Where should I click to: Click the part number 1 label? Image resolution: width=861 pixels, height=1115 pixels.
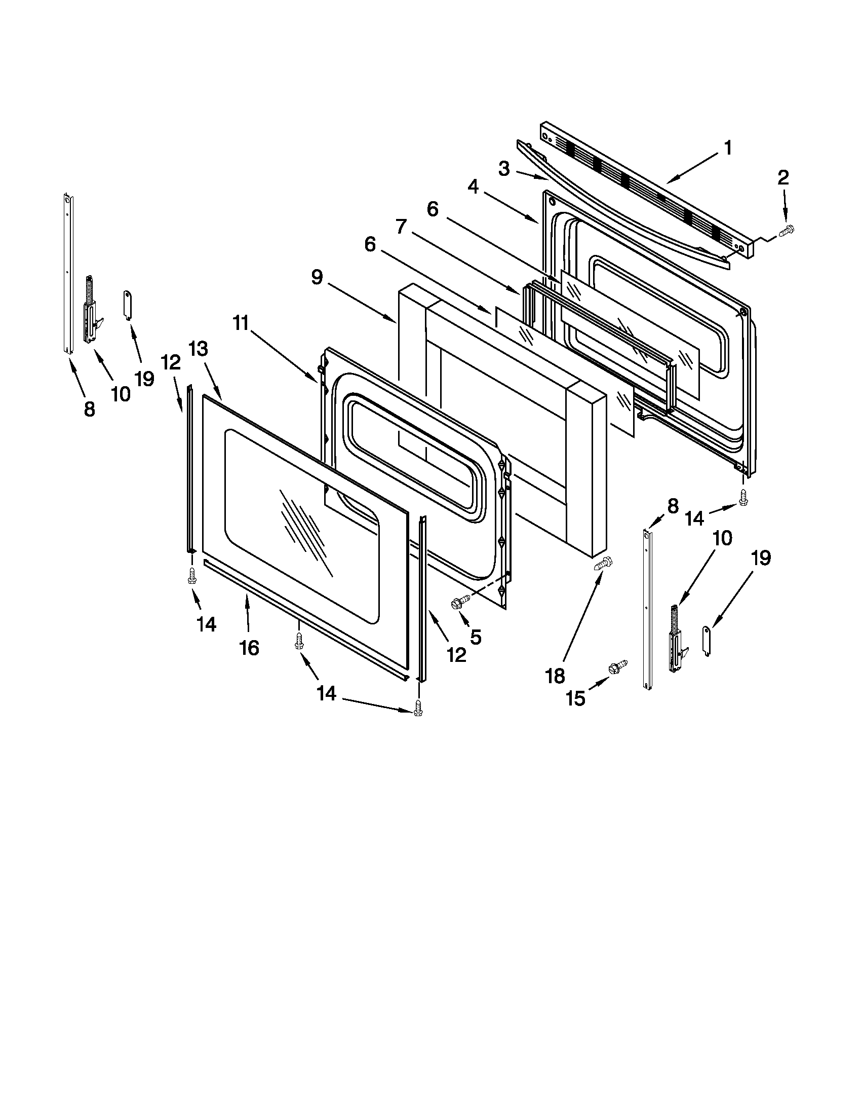coord(728,148)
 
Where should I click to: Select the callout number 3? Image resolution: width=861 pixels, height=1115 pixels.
coord(504,168)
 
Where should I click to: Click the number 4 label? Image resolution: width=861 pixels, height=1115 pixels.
coord(474,188)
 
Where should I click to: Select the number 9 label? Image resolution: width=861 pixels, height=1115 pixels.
coord(317,277)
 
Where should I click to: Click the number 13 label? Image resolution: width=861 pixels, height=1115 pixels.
coord(198,349)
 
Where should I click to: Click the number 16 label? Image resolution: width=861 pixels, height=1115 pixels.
coord(249,648)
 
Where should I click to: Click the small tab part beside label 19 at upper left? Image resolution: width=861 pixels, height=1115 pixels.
coord(128,304)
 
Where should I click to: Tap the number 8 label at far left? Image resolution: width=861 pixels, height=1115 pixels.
coord(89,409)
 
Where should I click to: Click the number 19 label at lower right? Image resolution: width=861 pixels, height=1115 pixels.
coord(760,559)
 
